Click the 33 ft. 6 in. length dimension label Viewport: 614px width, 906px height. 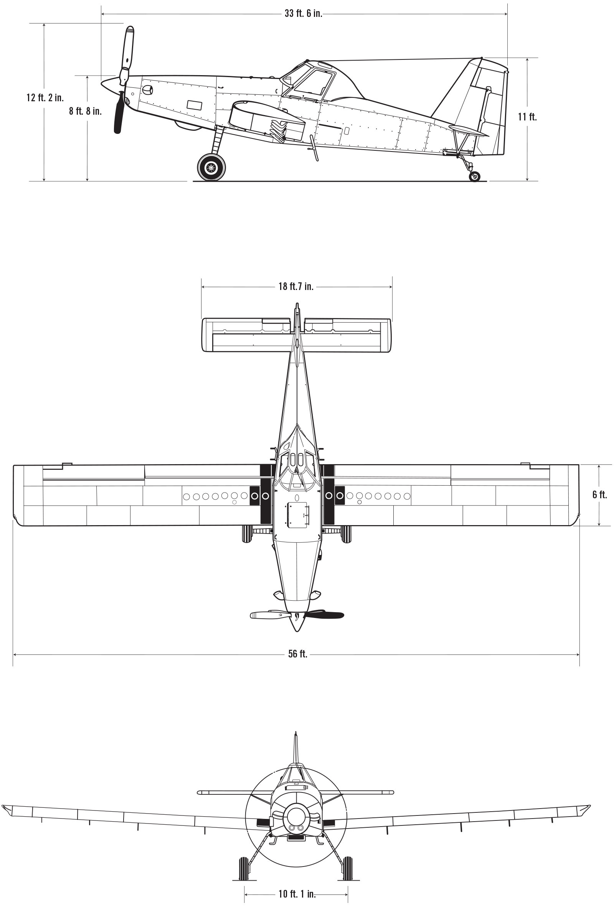tap(303, 14)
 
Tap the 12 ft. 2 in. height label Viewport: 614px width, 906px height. tap(45, 97)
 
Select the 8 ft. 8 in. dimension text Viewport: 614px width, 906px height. tap(86, 111)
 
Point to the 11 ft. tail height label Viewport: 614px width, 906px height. tap(527, 117)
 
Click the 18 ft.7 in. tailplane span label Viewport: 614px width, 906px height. tap(296, 287)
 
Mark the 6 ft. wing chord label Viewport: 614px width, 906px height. tap(599, 494)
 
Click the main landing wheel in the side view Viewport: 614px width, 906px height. tap(211, 167)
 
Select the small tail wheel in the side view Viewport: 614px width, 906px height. tap(475, 176)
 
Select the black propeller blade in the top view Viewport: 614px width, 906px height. tap(324, 615)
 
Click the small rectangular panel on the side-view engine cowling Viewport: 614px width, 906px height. tap(195, 105)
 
